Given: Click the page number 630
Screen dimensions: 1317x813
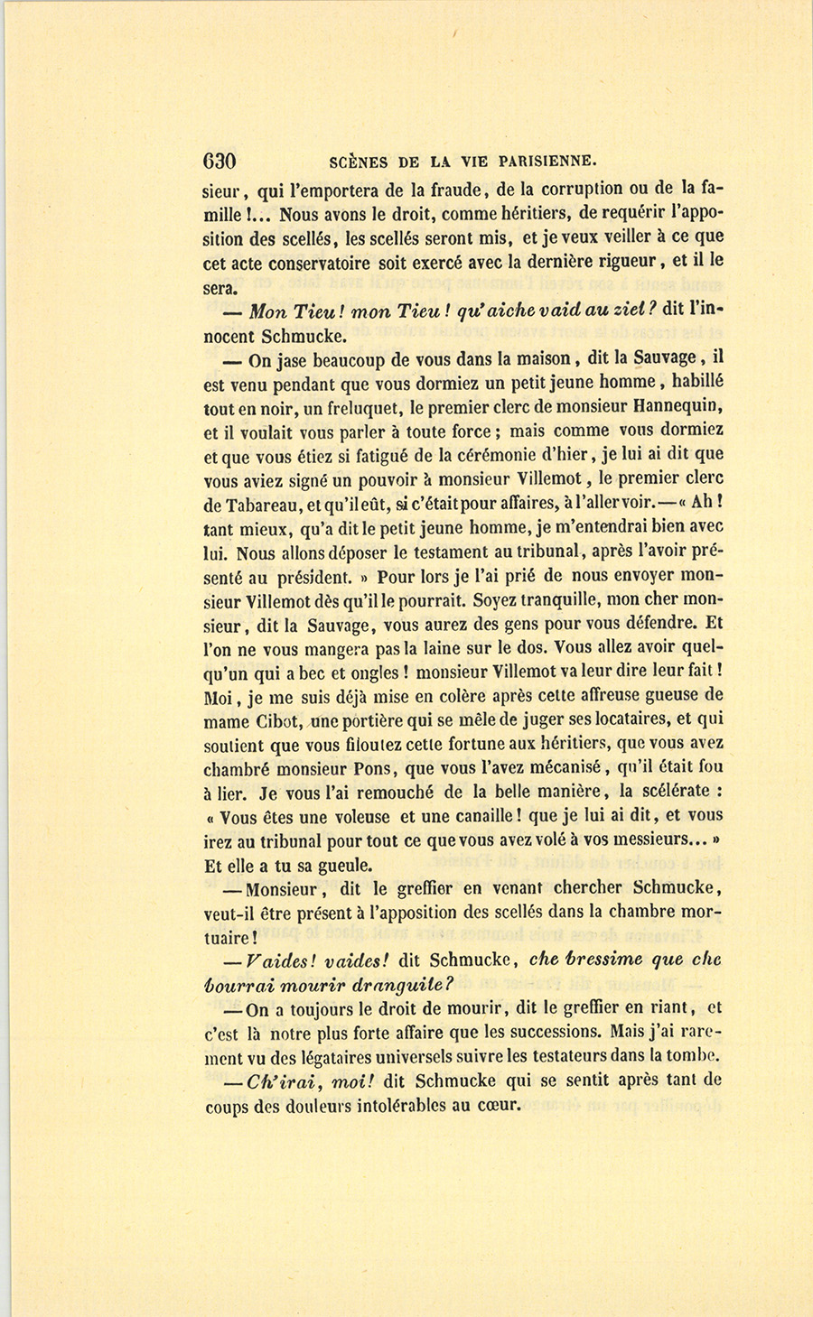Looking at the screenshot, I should [220, 162].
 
